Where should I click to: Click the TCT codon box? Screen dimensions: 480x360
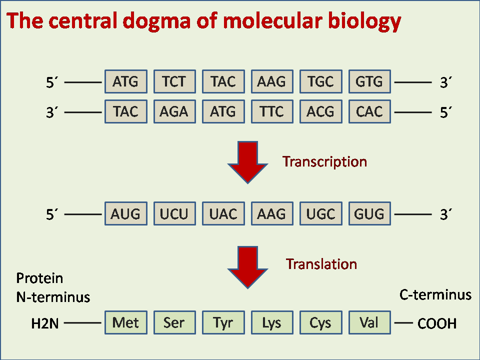click(x=174, y=81)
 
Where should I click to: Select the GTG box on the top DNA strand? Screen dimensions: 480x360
click(x=369, y=81)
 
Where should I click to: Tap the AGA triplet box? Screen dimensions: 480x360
click(x=174, y=111)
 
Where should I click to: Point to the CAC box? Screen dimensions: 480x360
click(x=369, y=111)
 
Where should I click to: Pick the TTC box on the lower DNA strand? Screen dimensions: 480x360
click(x=272, y=111)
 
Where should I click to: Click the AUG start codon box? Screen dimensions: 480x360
click(x=126, y=213)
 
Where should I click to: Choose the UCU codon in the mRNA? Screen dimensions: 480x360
click(x=174, y=213)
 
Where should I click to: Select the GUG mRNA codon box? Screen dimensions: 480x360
click(x=369, y=213)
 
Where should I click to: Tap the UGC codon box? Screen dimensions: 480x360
click(x=321, y=213)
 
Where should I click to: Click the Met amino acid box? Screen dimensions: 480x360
click(x=126, y=322)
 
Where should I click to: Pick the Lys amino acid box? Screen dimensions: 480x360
click(x=272, y=322)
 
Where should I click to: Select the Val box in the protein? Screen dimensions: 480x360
click(x=369, y=322)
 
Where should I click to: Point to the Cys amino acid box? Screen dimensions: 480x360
click(x=321, y=322)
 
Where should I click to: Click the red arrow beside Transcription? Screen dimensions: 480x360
click(x=247, y=162)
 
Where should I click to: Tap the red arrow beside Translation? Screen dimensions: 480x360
click(x=247, y=267)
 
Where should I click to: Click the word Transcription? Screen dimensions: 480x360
click(x=324, y=162)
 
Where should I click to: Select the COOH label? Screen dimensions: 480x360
click(x=437, y=323)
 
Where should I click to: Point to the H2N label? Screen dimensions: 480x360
click(x=45, y=323)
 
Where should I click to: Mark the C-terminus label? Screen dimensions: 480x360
click(x=435, y=295)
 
